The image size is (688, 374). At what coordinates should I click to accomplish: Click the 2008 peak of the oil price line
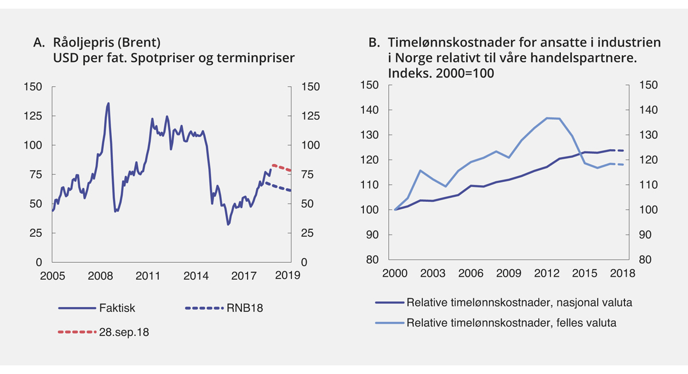[108, 104]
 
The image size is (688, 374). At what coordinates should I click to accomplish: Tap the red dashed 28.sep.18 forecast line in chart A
[281, 167]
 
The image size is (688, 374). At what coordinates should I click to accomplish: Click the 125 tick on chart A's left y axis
[33, 116]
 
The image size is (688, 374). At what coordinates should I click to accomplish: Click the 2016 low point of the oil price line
[228, 224]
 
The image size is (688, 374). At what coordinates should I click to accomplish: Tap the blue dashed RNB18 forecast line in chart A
[278, 187]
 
